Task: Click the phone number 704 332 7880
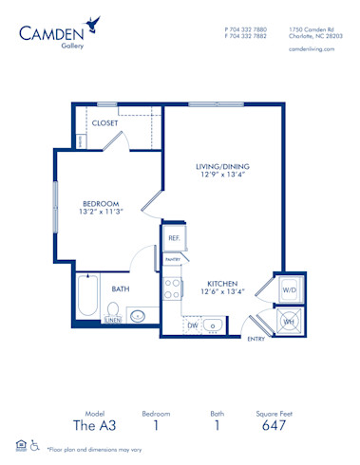click(x=248, y=28)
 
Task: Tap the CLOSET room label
click(x=104, y=123)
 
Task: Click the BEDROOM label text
click(x=101, y=203)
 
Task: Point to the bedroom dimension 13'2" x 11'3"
click(x=101, y=213)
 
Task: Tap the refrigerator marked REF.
click(x=174, y=238)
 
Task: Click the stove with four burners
click(x=173, y=288)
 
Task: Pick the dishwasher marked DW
click(x=192, y=325)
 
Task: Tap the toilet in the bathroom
click(x=113, y=311)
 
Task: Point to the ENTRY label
click(x=256, y=339)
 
